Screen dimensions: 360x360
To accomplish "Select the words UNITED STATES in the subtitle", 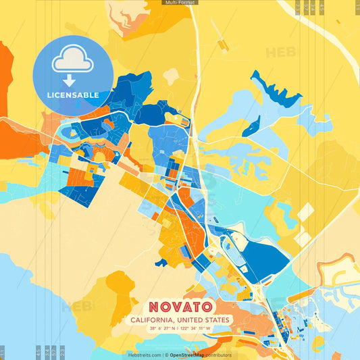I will pyautogui.click(x=204, y=319).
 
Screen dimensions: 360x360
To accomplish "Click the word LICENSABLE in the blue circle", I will pyautogui.click(x=73, y=95).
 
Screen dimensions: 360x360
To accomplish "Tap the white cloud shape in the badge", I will pyautogui.click(x=73, y=59).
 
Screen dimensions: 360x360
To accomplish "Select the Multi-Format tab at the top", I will pyautogui.click(x=180, y=3).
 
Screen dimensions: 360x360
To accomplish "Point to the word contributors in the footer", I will pyautogui.click(x=219, y=355).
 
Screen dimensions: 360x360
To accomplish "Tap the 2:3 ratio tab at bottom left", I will pyautogui.click(x=63, y=353).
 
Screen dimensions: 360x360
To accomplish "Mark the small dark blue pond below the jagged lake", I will pyautogui.click(x=251, y=126).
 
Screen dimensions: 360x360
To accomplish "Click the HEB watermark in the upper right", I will pyautogui.click(x=280, y=53).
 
